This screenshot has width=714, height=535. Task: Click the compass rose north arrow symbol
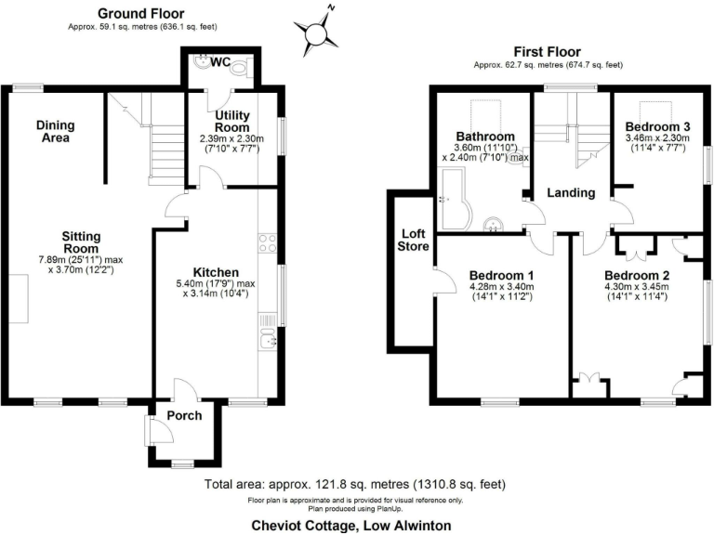[x=318, y=33]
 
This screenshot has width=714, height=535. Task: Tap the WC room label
[x=220, y=62]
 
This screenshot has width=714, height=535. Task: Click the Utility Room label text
[x=232, y=121]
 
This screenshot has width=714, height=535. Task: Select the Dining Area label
[x=56, y=132]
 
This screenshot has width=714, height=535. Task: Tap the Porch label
[x=184, y=415]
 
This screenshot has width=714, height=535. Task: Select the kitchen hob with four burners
[x=269, y=244]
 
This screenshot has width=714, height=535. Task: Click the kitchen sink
[x=269, y=341]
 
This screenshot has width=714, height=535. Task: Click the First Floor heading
[x=547, y=52]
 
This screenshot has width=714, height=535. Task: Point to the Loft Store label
[x=414, y=240]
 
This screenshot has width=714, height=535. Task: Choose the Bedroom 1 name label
[x=501, y=276]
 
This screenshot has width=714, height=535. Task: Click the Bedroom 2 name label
[x=637, y=276]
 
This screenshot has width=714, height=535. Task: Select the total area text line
[x=357, y=485]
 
